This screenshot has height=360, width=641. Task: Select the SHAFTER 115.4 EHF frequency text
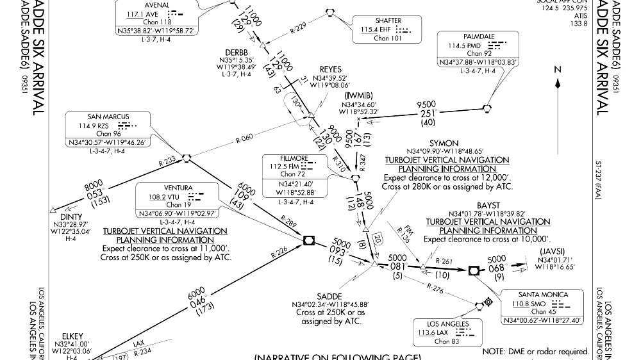coord(377,29)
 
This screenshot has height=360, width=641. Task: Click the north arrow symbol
coord(558,78)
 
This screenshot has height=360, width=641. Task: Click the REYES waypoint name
coord(331,69)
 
